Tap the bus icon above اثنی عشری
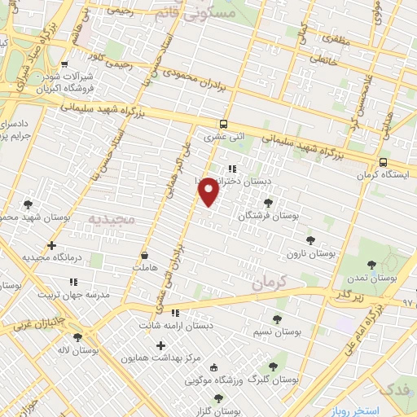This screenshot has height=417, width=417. pyautogui.click(x=223, y=125)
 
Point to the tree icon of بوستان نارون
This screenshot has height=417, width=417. pyautogui.click(x=310, y=240)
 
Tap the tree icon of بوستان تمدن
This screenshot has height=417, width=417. pyautogui.click(x=372, y=264)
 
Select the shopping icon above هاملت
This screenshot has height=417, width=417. pyautogui.click(x=144, y=255)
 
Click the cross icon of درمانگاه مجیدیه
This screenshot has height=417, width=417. pyautogui.click(x=52, y=245)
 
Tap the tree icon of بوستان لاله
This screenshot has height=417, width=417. pyautogui.click(x=78, y=337)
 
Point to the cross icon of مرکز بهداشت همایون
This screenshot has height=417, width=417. pyautogui.click(x=160, y=345)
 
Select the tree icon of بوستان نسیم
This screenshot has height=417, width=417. pyautogui.click(x=277, y=320)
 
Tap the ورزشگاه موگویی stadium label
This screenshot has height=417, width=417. pyautogui.click(x=214, y=380)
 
